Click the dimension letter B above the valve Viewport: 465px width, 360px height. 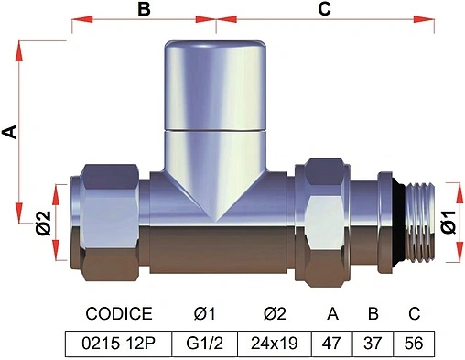[144, 9]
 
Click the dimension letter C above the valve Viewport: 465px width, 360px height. [324, 9]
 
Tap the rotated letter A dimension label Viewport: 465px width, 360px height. [9, 132]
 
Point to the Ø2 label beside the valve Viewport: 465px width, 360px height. [44, 224]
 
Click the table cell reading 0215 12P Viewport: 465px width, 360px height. [119, 344]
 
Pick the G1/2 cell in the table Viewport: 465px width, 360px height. [205, 344]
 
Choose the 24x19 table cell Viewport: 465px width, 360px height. [275, 344]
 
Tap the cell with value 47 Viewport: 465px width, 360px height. [332, 344]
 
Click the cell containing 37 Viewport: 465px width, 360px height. [373, 344]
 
